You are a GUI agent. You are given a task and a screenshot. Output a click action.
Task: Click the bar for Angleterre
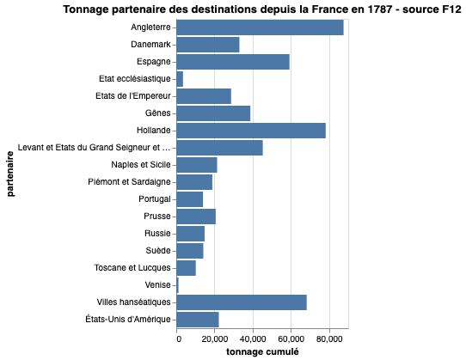coord(261,27)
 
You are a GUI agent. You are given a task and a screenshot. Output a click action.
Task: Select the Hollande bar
coord(251,131)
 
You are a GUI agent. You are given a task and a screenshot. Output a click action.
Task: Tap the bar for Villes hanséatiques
coord(242,302)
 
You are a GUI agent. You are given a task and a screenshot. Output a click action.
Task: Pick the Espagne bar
coord(233,62)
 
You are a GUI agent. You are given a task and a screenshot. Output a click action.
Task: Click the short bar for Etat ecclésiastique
coord(180,79)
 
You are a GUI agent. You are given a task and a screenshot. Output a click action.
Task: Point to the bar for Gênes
coord(213,113)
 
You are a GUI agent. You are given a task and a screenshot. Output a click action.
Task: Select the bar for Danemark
coord(208,45)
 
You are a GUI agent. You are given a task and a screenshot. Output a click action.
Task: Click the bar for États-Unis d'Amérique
coord(198,320)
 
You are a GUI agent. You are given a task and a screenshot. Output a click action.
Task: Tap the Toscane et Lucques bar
coord(187,268)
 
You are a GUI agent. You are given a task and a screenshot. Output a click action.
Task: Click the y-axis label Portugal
coord(155,199)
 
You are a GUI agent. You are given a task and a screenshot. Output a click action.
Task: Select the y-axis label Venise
coord(157,285)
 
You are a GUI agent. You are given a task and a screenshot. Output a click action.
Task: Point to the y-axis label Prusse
coord(157,217)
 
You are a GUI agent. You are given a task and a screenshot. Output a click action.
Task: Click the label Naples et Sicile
coord(141,165)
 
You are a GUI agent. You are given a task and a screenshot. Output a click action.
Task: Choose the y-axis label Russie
coord(157,234)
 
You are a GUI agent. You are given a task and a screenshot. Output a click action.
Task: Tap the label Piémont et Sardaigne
coord(131,182)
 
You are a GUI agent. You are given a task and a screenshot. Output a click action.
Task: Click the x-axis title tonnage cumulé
coord(262,352)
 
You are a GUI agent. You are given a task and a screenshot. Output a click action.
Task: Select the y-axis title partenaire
coord(11,174)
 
